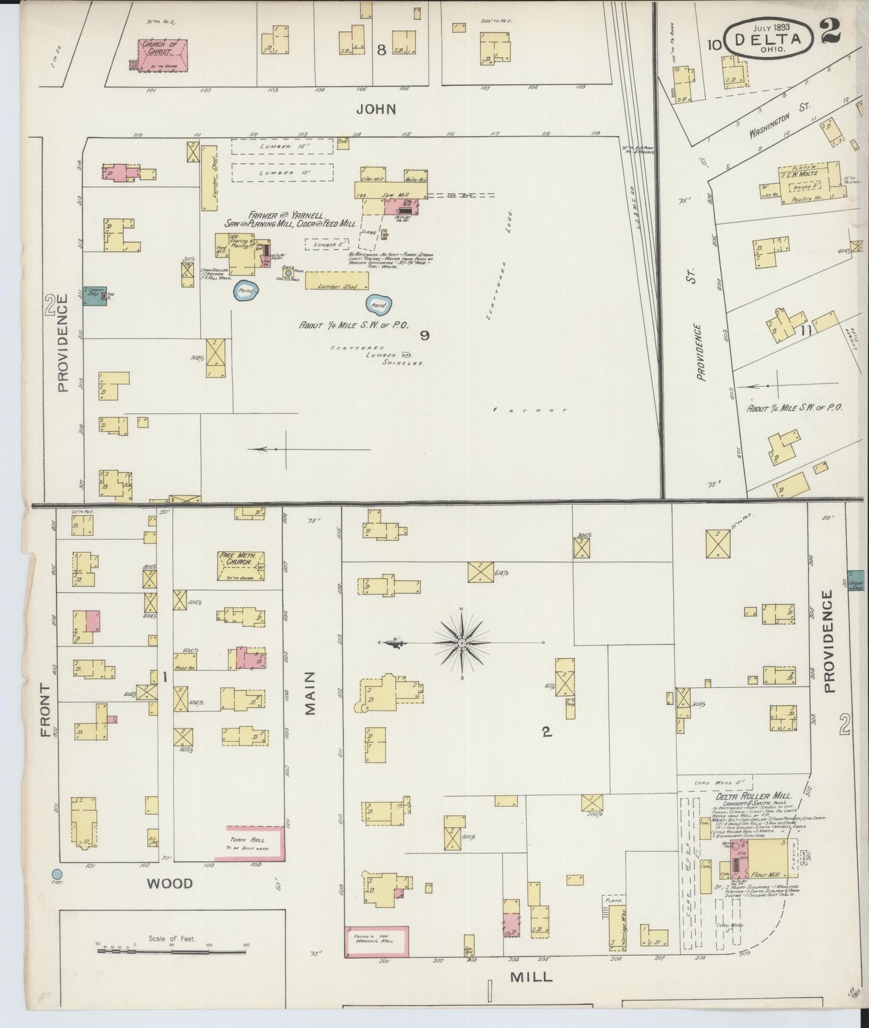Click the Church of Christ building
pyautogui.click(x=162, y=55)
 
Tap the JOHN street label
pyautogui.click(x=376, y=109)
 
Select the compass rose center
pyautogui.click(x=461, y=643)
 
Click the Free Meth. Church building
pyautogui.click(x=241, y=566)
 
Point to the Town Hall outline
pyautogui.click(x=249, y=843)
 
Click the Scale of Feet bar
pyautogui.click(x=173, y=950)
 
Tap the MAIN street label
pyautogui.click(x=310, y=701)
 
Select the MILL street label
pyautogui.click(x=530, y=976)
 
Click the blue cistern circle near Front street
pyautogui.click(x=57, y=873)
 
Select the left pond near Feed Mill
pyautogui.click(x=245, y=290)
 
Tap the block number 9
pyautogui.click(x=425, y=335)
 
